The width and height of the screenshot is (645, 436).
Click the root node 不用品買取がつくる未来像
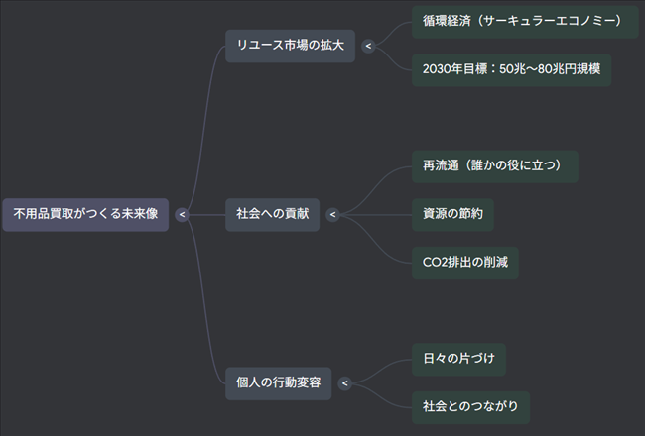[85, 214]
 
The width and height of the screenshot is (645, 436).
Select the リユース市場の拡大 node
[290, 46]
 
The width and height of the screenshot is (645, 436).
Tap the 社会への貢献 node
[272, 214]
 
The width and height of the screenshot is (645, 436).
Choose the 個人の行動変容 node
[278, 382]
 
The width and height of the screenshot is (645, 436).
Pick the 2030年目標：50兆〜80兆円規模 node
[511, 70]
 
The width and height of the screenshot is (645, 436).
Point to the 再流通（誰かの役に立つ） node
[494, 165]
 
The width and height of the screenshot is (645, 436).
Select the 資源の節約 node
[451, 214]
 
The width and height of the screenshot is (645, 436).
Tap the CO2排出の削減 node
[464, 263]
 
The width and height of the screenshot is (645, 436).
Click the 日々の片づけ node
[458, 359]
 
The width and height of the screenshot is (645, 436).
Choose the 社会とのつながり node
[469, 406]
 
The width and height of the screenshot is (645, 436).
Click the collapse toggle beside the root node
[182, 214]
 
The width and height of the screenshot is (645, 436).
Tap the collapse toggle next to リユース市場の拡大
[368, 46]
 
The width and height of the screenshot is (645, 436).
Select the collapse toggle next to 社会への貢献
[332, 214]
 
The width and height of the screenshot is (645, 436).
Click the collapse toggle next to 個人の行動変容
[344, 382]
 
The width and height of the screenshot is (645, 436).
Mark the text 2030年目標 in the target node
[455, 70]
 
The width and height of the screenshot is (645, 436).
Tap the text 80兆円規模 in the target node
[568, 70]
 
